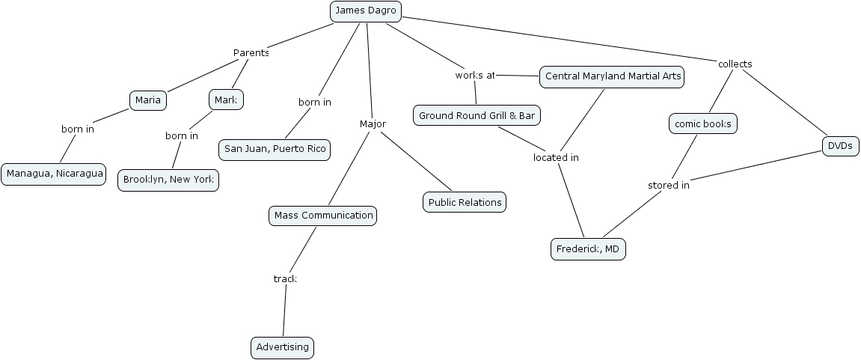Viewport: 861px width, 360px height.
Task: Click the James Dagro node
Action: click(366, 10)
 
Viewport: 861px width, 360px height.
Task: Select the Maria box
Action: click(148, 100)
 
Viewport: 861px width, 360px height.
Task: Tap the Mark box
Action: click(225, 100)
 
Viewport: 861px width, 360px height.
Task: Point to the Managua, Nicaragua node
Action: click(53, 174)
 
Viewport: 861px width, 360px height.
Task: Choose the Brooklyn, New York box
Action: click(168, 180)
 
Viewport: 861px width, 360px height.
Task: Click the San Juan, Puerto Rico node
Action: click(275, 149)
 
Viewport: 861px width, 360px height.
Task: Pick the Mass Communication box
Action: click(323, 216)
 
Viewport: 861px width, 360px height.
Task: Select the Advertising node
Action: click(282, 347)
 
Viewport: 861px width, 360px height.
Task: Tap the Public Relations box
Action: click(465, 202)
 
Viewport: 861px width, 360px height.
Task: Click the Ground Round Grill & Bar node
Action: click(477, 115)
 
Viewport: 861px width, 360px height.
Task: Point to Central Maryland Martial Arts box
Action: click(613, 76)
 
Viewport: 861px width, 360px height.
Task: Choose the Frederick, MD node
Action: click(588, 249)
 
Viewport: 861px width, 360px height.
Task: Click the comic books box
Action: click(702, 123)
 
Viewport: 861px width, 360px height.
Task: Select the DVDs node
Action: click(840, 146)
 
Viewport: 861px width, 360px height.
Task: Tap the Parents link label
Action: click(251, 53)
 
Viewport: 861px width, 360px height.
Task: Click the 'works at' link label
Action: click(475, 76)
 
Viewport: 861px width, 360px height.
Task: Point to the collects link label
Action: click(735, 64)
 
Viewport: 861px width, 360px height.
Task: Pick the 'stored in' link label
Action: click(668, 186)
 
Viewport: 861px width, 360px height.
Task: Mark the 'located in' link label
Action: click(556, 158)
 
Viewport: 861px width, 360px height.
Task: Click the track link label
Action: click(285, 279)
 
